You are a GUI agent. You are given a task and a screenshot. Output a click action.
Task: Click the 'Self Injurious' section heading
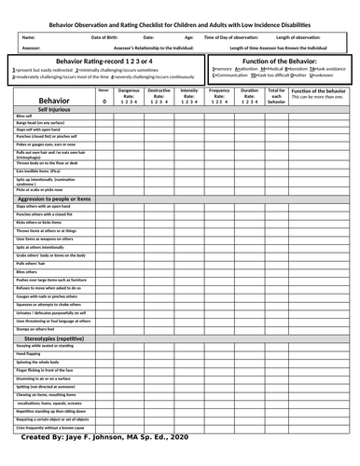tap(48, 110)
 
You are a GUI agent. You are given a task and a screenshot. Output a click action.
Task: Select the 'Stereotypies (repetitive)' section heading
tap(57, 337)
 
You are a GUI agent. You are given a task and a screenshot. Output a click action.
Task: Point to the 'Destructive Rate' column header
tap(159, 94)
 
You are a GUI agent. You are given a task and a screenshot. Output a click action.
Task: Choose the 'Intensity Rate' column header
tap(189, 94)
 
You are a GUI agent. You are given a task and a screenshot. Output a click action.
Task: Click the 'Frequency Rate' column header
tap(221, 94)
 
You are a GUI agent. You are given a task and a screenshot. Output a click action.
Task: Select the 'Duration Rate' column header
tap(250, 94)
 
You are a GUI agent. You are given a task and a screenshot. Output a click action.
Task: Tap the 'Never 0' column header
tap(103, 95)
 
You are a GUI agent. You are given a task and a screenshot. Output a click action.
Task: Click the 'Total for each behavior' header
tap(276, 95)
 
